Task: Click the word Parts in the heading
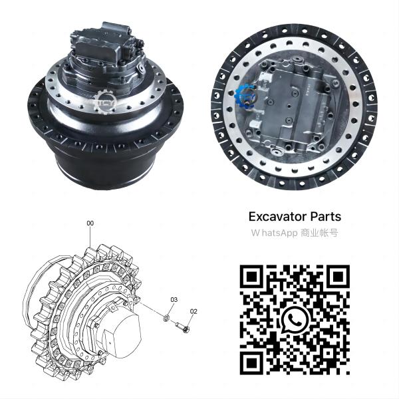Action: click(x=325, y=217)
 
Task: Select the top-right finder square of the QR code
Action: click(x=337, y=277)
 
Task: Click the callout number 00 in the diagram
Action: click(x=90, y=223)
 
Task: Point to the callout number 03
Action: click(x=174, y=300)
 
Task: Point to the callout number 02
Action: click(x=194, y=311)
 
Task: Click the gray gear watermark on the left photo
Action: click(x=104, y=101)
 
